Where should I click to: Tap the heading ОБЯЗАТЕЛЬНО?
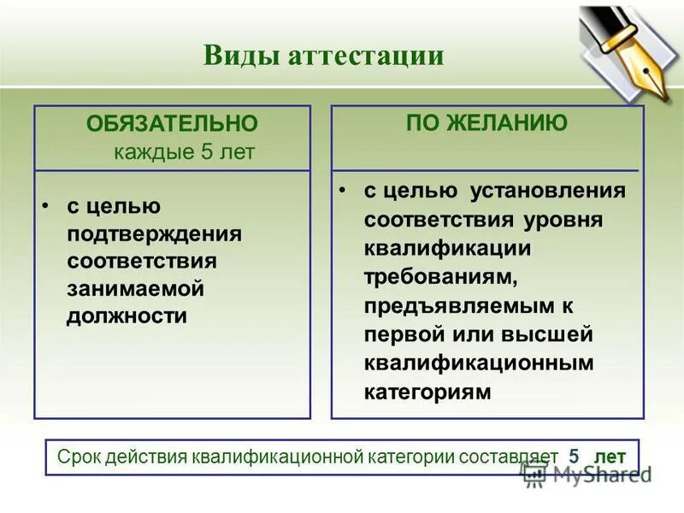tap(171, 124)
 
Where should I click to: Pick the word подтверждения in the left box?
tap(154, 233)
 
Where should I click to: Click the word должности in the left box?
tap(127, 315)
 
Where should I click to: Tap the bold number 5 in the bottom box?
tap(574, 457)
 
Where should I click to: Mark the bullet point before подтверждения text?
tap(47, 206)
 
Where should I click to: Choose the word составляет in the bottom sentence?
tap(509, 457)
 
